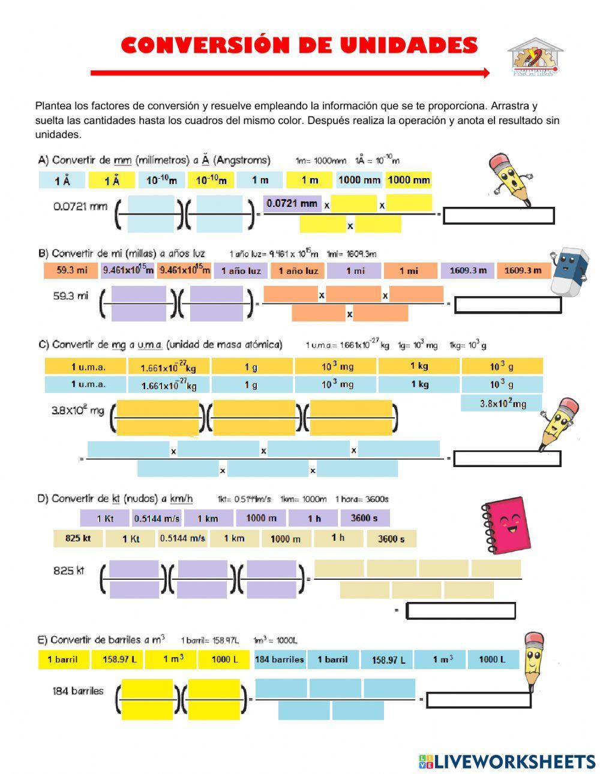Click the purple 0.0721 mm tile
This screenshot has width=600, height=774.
coord(292,204)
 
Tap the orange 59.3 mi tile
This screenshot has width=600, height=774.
coord(72,270)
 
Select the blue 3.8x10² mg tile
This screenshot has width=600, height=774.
coord(502,403)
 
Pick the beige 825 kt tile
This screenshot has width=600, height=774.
coord(78,538)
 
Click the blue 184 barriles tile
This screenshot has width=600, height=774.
coord(279,659)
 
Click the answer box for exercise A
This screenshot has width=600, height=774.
coord(498,215)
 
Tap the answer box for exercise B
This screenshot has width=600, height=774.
coord(508,305)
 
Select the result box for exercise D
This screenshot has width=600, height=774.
coord(461,610)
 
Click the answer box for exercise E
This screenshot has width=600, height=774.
coord(479,700)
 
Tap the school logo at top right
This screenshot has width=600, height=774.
coord(535,58)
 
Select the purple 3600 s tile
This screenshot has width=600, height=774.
coord(365,518)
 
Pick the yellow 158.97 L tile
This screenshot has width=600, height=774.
coord(119,659)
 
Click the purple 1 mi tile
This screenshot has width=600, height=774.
coord(355,271)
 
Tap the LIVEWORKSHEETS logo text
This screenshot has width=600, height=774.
coord(514,761)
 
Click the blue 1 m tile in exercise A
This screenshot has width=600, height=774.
coord(260,180)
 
